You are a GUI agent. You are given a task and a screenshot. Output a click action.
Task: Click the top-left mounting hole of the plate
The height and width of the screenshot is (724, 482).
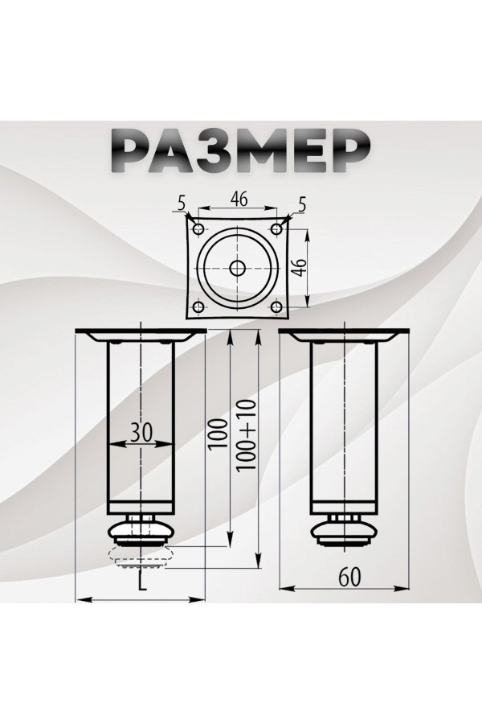click(197, 230)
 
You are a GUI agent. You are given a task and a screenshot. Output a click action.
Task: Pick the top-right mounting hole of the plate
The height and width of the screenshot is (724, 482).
click(277, 230)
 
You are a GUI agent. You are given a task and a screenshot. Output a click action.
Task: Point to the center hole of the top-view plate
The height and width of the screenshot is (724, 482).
click(237, 268)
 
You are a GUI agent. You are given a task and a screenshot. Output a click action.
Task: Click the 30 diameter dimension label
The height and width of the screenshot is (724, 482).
click(141, 432)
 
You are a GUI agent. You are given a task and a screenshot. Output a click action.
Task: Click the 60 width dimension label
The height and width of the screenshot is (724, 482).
click(348, 576)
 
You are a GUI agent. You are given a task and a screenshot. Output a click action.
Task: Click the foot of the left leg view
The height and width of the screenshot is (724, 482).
click(141, 531)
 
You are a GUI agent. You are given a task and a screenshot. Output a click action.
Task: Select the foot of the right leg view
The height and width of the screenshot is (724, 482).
click(345, 531)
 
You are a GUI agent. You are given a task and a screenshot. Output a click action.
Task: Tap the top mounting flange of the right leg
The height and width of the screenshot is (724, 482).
click(345, 335)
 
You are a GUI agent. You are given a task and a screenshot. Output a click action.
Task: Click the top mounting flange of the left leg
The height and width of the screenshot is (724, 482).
click(141, 335)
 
